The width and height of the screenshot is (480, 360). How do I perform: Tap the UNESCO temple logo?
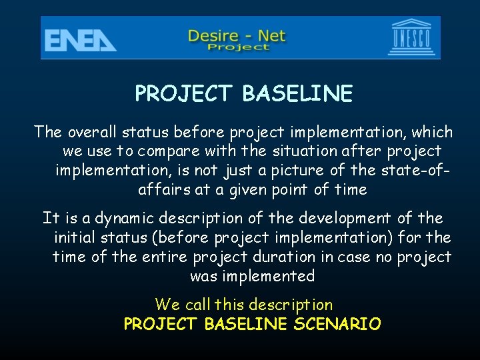click(413, 38)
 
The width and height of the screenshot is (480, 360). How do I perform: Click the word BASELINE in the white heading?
click(297, 94)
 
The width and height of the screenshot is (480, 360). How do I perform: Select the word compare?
click(179, 151)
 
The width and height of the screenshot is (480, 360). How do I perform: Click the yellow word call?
click(197, 305)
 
